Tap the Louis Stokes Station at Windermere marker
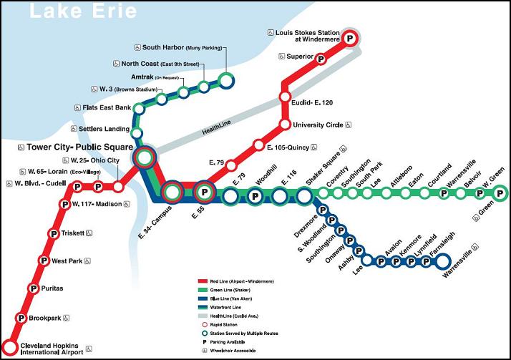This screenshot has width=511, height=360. (x=350, y=39)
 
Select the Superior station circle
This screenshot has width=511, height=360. (x=321, y=59)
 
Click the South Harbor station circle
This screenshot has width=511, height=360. (x=226, y=79)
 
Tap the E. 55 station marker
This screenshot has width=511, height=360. (x=205, y=192)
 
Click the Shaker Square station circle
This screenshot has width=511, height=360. (x=305, y=195)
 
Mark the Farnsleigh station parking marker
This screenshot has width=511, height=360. (x=442, y=261)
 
